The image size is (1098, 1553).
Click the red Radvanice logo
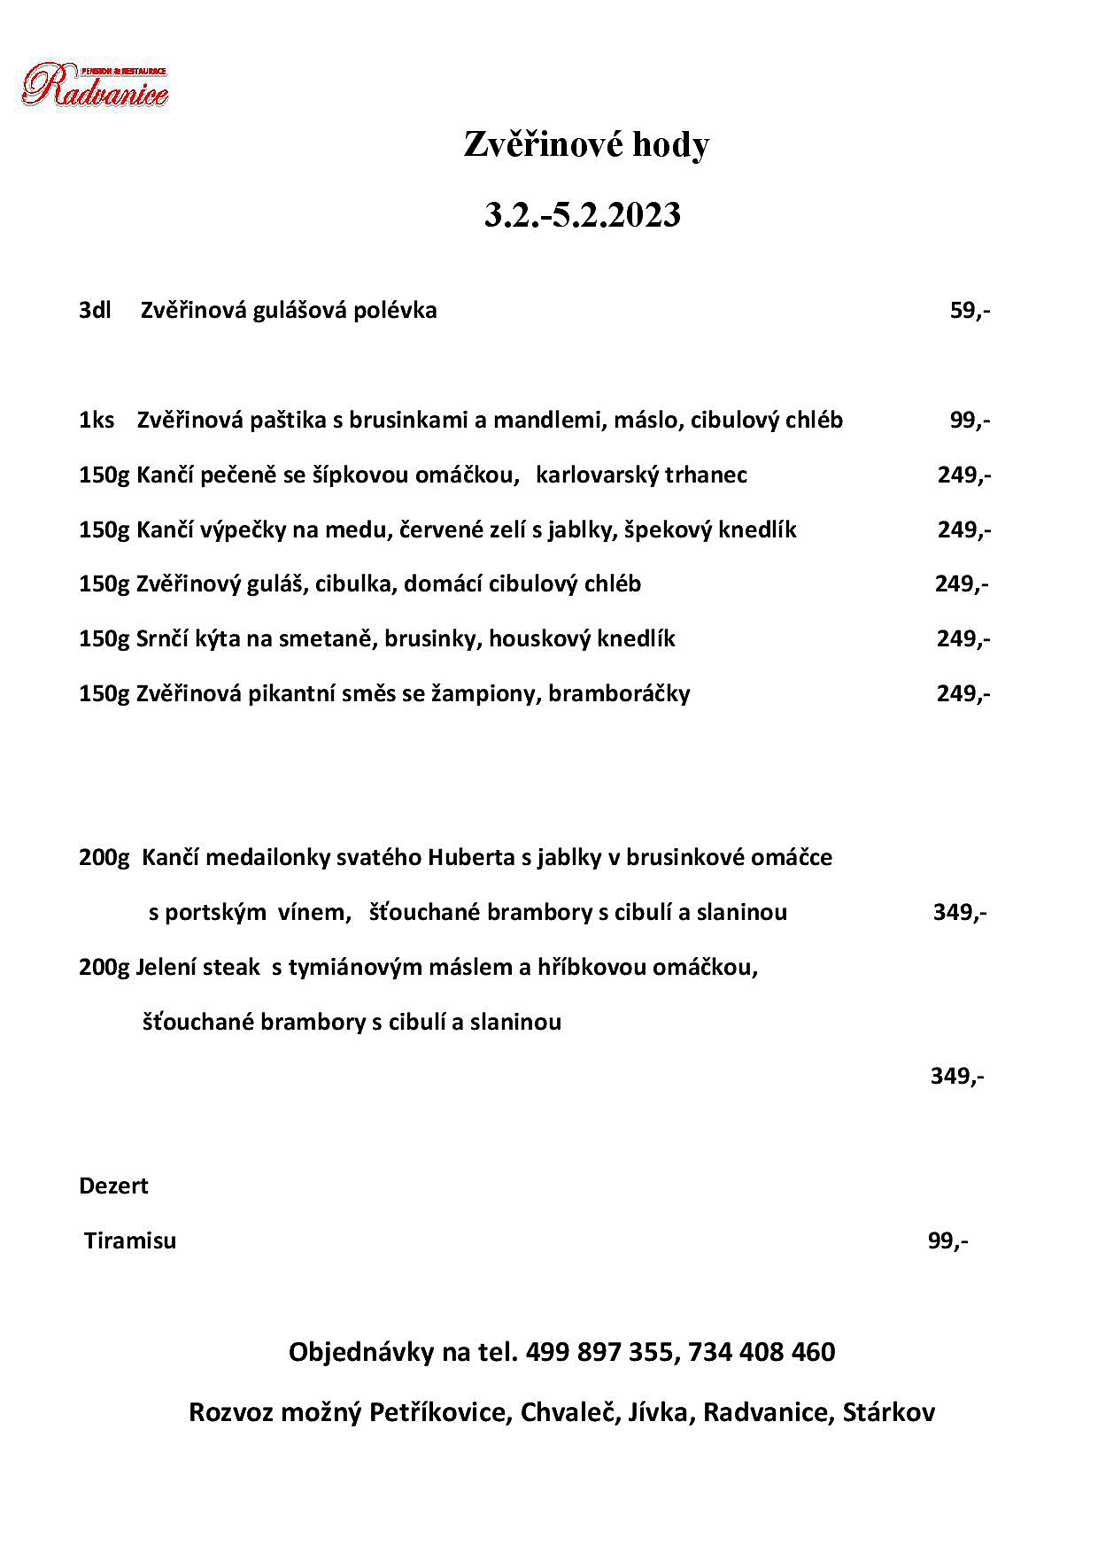click(95, 86)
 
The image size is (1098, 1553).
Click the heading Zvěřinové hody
click(586, 145)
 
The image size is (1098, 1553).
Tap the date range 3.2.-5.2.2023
click(582, 215)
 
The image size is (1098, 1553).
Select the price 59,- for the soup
click(970, 311)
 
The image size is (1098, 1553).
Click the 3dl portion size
click(94, 311)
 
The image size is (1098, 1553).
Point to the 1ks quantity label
click(97, 420)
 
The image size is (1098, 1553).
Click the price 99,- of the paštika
click(970, 420)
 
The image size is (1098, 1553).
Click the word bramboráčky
click(619, 693)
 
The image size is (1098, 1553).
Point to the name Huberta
click(469, 858)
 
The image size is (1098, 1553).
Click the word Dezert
click(113, 1186)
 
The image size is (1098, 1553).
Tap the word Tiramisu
click(130, 1241)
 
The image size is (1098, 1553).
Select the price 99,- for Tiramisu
click(947, 1241)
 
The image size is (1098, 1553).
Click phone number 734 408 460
click(761, 1352)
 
